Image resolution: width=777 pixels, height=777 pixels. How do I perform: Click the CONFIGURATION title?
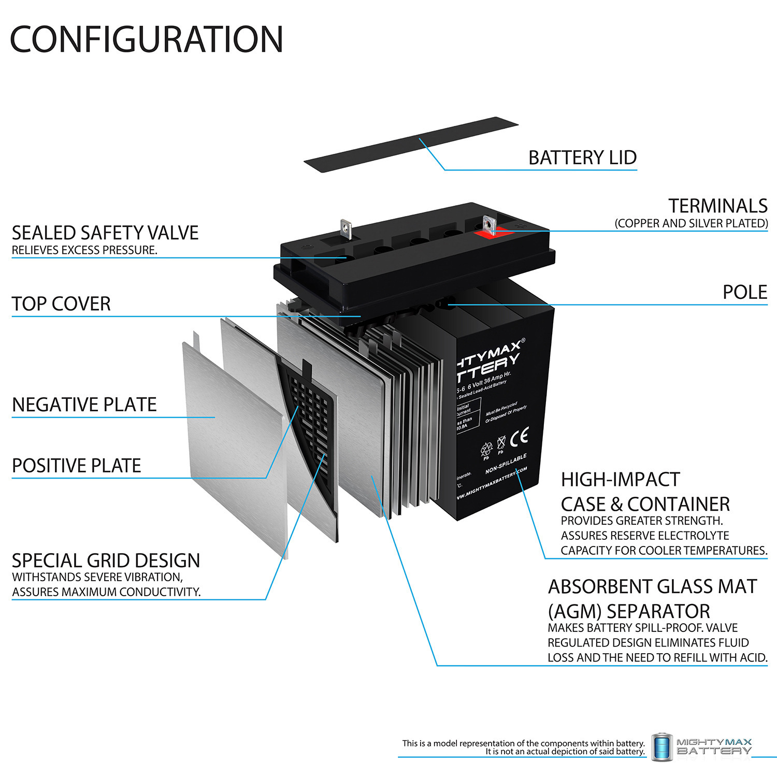point(147,39)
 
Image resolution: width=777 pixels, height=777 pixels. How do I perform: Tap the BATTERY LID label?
point(582,157)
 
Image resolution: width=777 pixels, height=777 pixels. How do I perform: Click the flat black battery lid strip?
point(411,145)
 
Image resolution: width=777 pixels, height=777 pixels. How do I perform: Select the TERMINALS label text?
point(717,206)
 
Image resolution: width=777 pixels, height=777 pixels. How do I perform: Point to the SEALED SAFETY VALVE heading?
point(105,233)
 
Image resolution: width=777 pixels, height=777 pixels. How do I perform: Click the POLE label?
point(744,292)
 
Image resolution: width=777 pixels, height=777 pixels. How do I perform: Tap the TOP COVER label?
point(61,304)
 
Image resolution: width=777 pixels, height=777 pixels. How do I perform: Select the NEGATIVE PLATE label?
point(84,405)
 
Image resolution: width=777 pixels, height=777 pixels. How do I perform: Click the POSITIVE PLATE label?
point(76,466)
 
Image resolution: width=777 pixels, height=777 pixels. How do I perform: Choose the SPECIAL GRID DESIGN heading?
point(106,560)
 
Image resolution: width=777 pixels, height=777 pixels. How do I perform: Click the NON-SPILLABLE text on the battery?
point(506,464)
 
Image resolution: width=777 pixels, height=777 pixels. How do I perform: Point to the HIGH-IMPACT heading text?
point(620,480)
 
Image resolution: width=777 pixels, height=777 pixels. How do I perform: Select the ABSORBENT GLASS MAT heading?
point(652,586)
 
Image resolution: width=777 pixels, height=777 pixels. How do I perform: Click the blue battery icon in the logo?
point(661,747)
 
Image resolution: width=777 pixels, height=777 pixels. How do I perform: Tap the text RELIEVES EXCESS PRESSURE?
point(84,250)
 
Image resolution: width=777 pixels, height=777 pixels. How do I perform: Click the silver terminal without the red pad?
point(346,228)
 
